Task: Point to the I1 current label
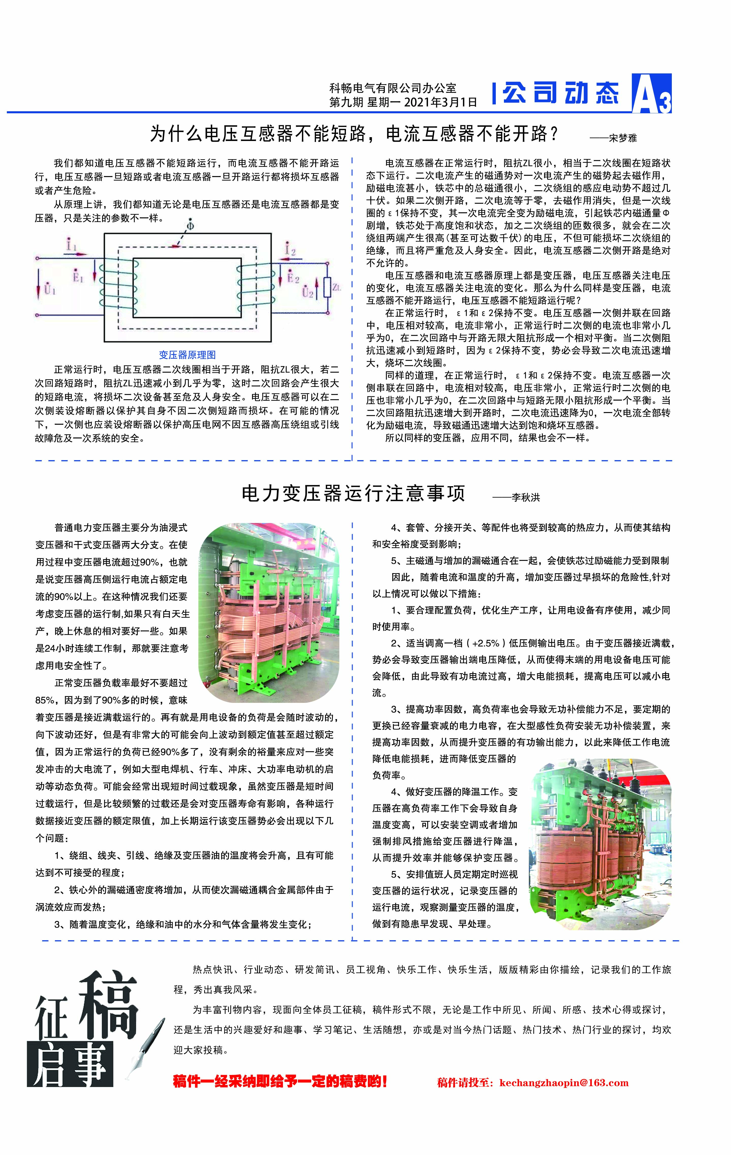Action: [71, 246]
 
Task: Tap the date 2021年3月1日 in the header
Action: [441, 102]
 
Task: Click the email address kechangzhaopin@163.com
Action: [564, 1083]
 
